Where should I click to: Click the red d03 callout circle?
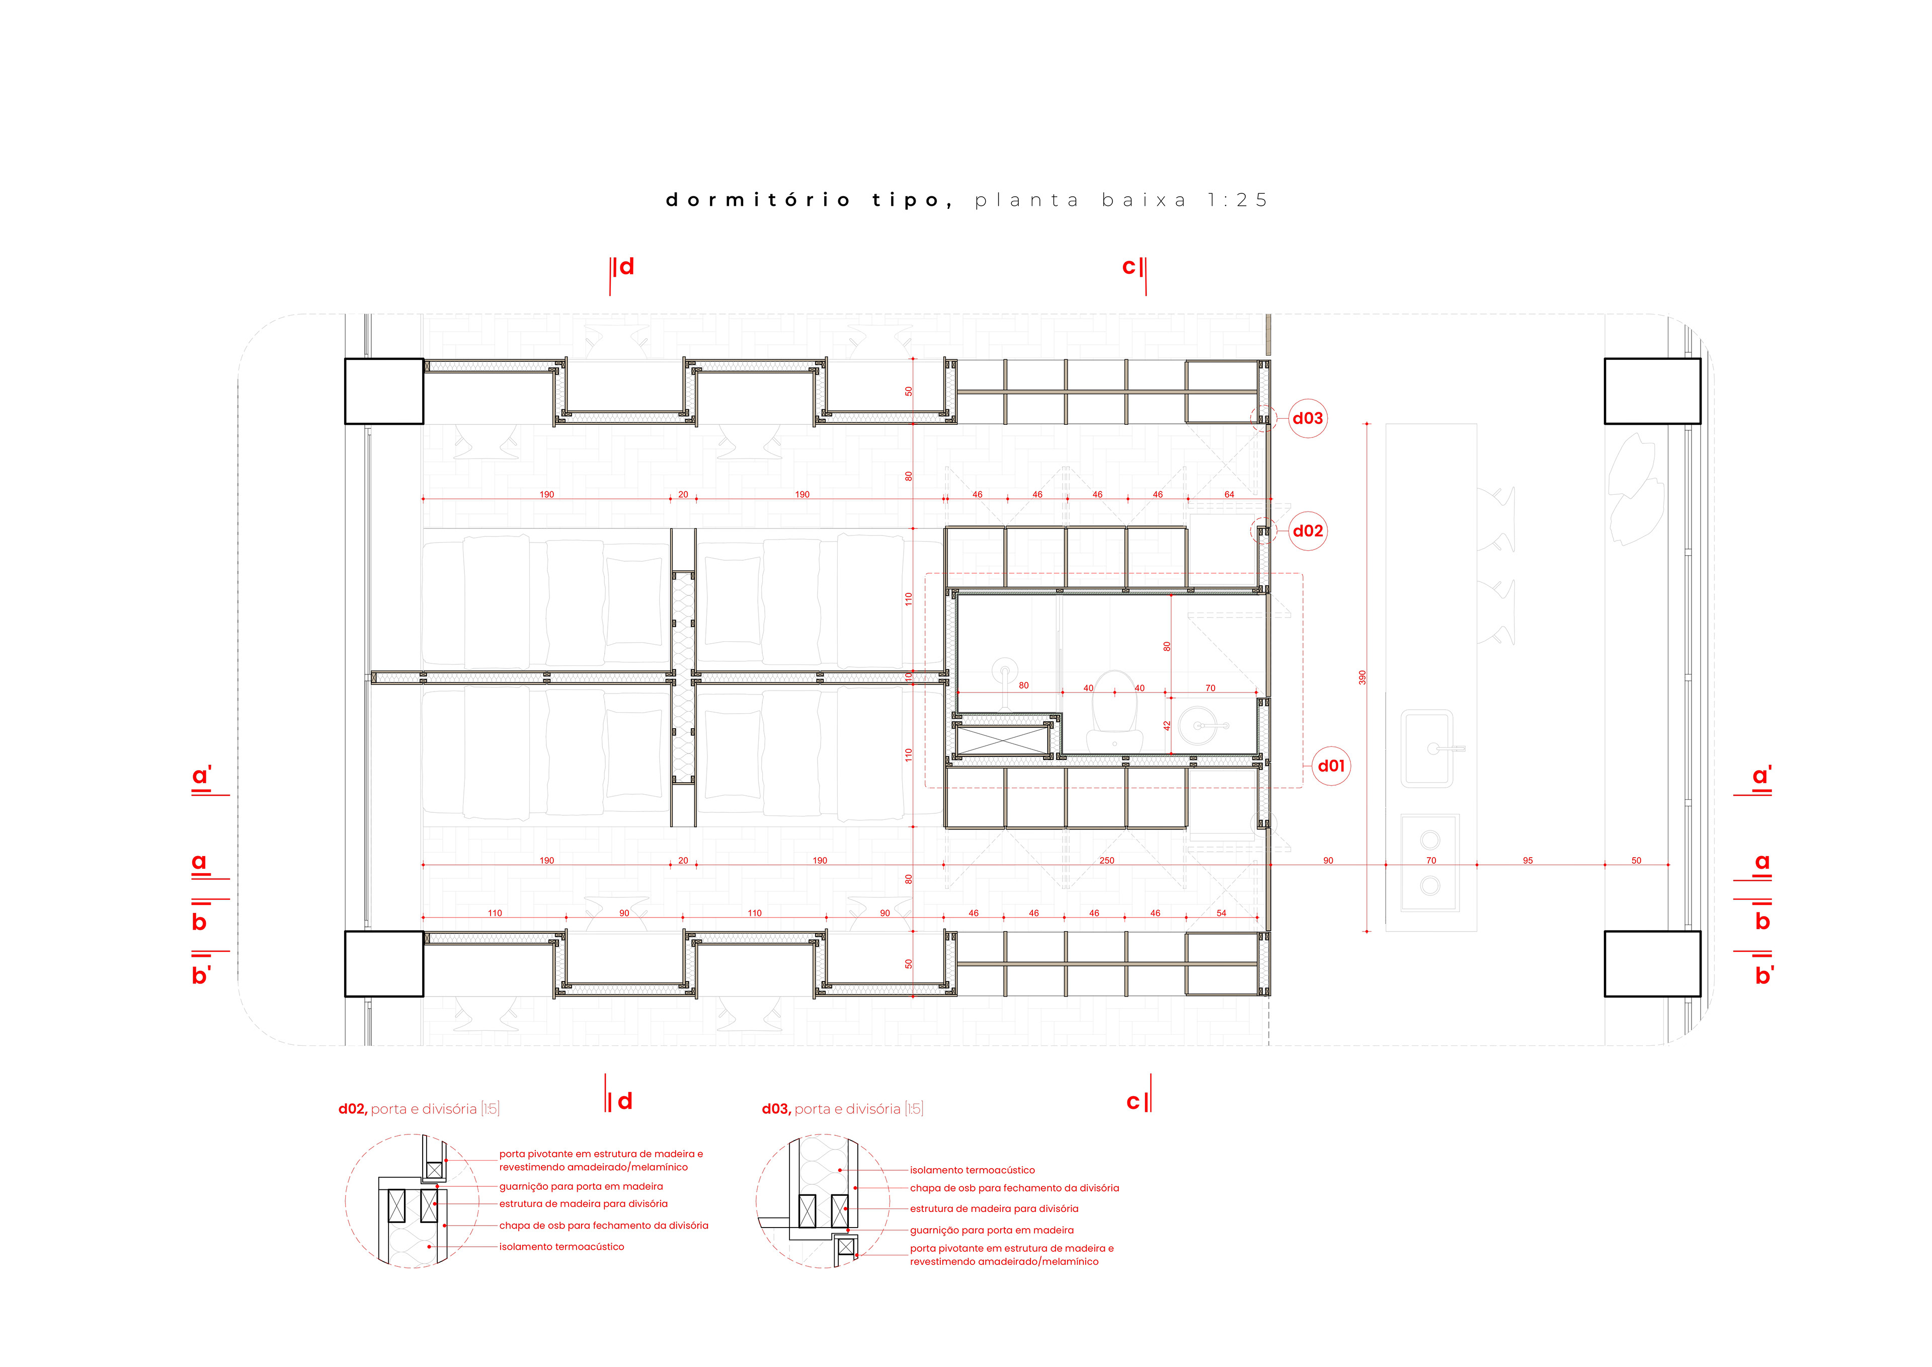1308,418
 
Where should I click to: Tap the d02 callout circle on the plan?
1308,531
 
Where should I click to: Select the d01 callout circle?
1331,766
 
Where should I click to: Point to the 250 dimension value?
1106,860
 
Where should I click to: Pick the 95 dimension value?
1527,860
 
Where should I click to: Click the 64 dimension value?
1229,495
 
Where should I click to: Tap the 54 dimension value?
1221,914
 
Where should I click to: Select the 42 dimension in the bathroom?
1167,725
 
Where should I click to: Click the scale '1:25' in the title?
1237,200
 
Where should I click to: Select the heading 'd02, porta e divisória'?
418,1109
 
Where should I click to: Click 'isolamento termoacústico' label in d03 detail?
972,1170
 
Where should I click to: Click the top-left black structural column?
384,392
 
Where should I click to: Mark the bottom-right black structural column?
1652,964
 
